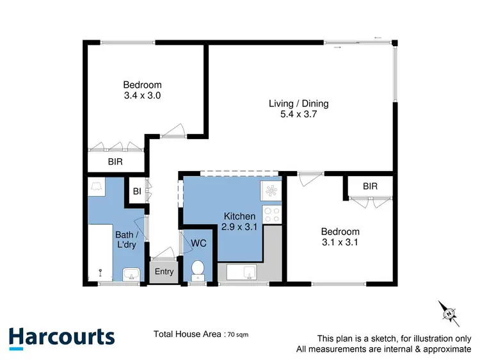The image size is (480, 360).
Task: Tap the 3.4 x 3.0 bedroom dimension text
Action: click(142, 96)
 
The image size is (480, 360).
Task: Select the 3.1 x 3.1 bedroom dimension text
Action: click(340, 243)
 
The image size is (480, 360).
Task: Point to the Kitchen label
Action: click(240, 217)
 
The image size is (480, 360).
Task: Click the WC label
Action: click(198, 243)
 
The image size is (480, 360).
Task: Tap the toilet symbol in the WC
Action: click(198, 269)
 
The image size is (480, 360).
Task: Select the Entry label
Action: click(164, 272)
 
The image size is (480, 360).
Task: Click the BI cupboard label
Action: click(136, 191)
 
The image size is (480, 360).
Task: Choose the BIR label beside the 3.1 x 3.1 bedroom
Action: click(370, 186)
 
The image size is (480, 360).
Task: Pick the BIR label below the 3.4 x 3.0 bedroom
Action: click(116, 163)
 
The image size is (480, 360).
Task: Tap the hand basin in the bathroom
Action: click(132, 275)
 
